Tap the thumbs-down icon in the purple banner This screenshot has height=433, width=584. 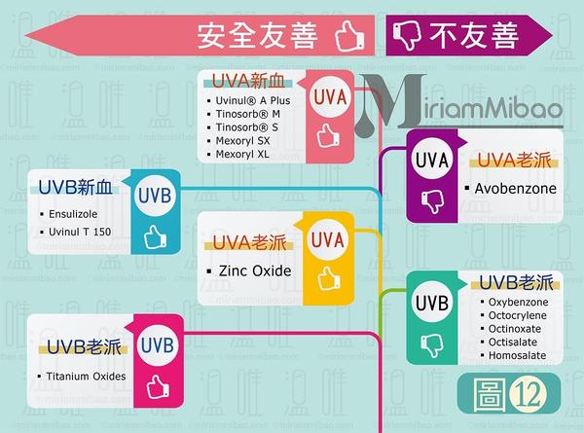pos(403,37)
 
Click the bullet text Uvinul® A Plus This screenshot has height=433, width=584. pos(253,100)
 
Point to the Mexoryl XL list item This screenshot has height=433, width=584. pos(244,155)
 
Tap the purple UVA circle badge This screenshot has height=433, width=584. pos(431,159)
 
